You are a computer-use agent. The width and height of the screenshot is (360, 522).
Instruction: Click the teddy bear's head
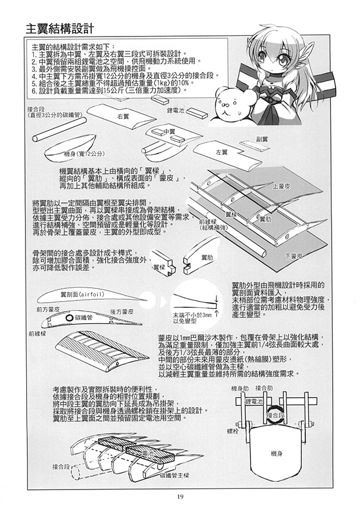click(228, 104)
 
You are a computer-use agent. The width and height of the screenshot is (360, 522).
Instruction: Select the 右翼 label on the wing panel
click(122, 116)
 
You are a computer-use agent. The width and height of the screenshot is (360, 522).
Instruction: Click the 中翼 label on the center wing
click(169, 132)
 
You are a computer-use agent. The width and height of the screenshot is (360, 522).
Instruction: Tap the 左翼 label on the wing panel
click(221, 152)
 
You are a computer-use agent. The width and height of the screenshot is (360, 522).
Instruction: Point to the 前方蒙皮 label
click(48, 310)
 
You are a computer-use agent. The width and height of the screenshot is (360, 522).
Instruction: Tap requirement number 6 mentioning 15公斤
click(104, 90)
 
